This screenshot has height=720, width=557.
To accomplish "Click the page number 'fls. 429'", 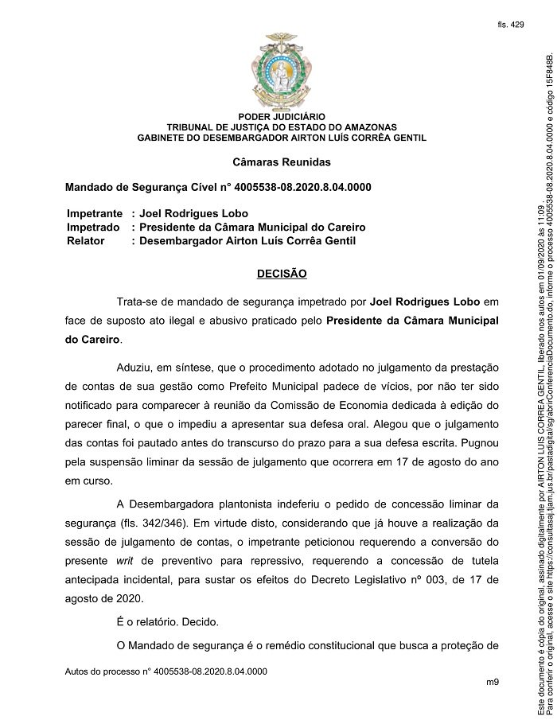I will (511, 25).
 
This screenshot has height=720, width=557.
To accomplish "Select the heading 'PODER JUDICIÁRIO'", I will (282, 118).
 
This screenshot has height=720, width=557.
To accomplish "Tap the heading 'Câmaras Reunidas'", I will (282, 162).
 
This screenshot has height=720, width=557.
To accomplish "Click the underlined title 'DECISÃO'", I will (282, 274).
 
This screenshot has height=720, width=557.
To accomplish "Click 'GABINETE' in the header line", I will (162, 137).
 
